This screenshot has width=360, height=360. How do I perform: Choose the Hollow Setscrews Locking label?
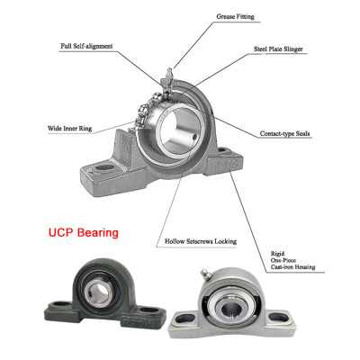[x=200, y=241]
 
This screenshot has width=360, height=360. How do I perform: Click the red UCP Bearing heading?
[x=83, y=232]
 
